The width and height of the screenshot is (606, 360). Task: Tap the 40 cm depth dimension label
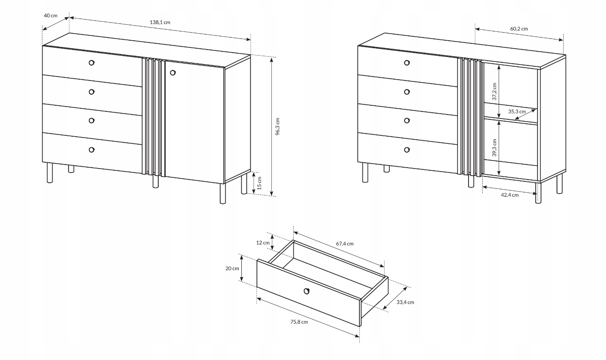(50, 15)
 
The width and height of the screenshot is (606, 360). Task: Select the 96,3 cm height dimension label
(278, 126)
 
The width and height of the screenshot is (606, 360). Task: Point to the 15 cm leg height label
(259, 183)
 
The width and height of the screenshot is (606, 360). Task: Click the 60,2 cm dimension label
(519, 29)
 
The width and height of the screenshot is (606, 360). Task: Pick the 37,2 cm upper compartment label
(495, 92)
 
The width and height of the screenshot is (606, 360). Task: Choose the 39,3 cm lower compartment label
(495, 148)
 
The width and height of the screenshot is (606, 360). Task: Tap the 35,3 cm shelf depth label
(517, 111)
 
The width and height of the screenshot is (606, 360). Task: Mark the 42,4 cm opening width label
(510, 195)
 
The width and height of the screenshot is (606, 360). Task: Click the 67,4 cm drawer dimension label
(345, 244)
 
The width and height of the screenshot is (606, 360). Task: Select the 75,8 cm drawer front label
(299, 322)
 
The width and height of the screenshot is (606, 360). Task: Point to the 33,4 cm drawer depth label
(405, 302)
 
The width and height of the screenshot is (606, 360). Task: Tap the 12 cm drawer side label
(263, 242)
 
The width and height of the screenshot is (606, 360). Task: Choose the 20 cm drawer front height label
(232, 268)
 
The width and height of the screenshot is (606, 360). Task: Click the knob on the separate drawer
(307, 291)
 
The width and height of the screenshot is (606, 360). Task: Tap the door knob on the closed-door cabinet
(173, 73)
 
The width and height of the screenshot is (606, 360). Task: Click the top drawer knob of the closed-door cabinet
(91, 62)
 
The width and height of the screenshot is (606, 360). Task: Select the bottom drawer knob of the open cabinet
(407, 149)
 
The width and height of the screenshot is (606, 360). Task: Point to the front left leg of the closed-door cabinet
(50, 172)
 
